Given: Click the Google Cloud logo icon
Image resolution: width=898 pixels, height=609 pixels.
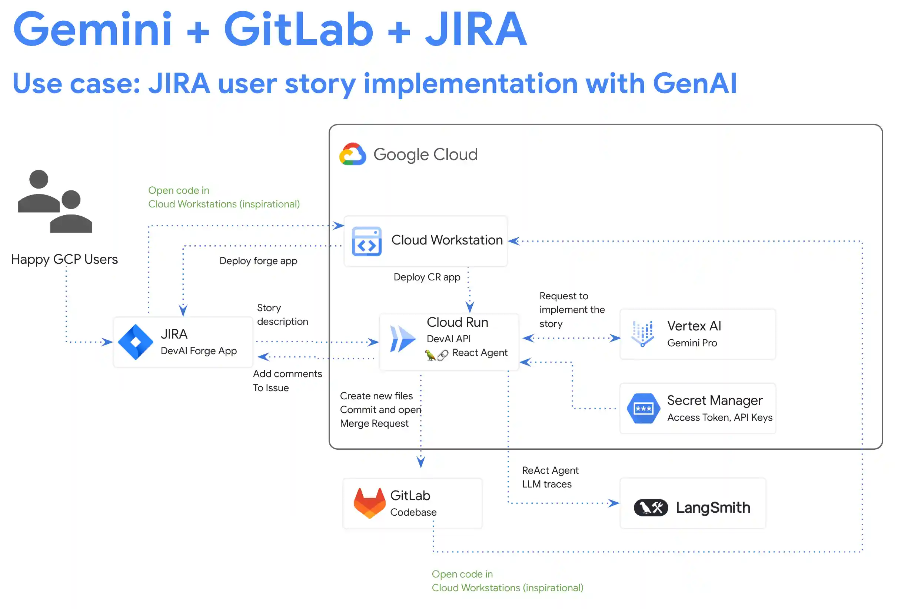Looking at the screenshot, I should coord(352,154).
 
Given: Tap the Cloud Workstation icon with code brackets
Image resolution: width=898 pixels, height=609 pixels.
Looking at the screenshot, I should coord(366,241).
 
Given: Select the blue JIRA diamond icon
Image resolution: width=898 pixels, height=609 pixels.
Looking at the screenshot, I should coord(135,342).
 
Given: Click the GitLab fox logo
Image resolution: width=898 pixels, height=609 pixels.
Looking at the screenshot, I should coord(369,502).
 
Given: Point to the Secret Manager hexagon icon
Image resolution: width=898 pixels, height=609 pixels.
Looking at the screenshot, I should coord(643,409).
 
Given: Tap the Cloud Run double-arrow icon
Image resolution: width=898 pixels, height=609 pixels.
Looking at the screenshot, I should coord(402,339).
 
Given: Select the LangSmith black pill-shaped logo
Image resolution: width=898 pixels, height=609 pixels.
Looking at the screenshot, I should coord(651,507).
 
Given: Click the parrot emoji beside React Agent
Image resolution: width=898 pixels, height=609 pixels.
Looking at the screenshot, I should coord(430,355).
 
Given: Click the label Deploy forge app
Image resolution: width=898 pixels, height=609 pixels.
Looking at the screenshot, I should coord(258,261).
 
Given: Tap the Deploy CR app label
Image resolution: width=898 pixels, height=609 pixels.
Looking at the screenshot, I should coord(427,277).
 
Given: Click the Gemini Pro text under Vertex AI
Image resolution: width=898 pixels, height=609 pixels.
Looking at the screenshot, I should coord(692,343).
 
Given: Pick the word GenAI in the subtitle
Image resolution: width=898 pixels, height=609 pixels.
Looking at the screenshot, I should coord(695,83).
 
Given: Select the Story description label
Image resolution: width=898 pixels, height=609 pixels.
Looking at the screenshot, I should coord(282,314).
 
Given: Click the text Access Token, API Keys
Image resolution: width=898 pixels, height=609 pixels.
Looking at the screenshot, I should coord(719,417).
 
